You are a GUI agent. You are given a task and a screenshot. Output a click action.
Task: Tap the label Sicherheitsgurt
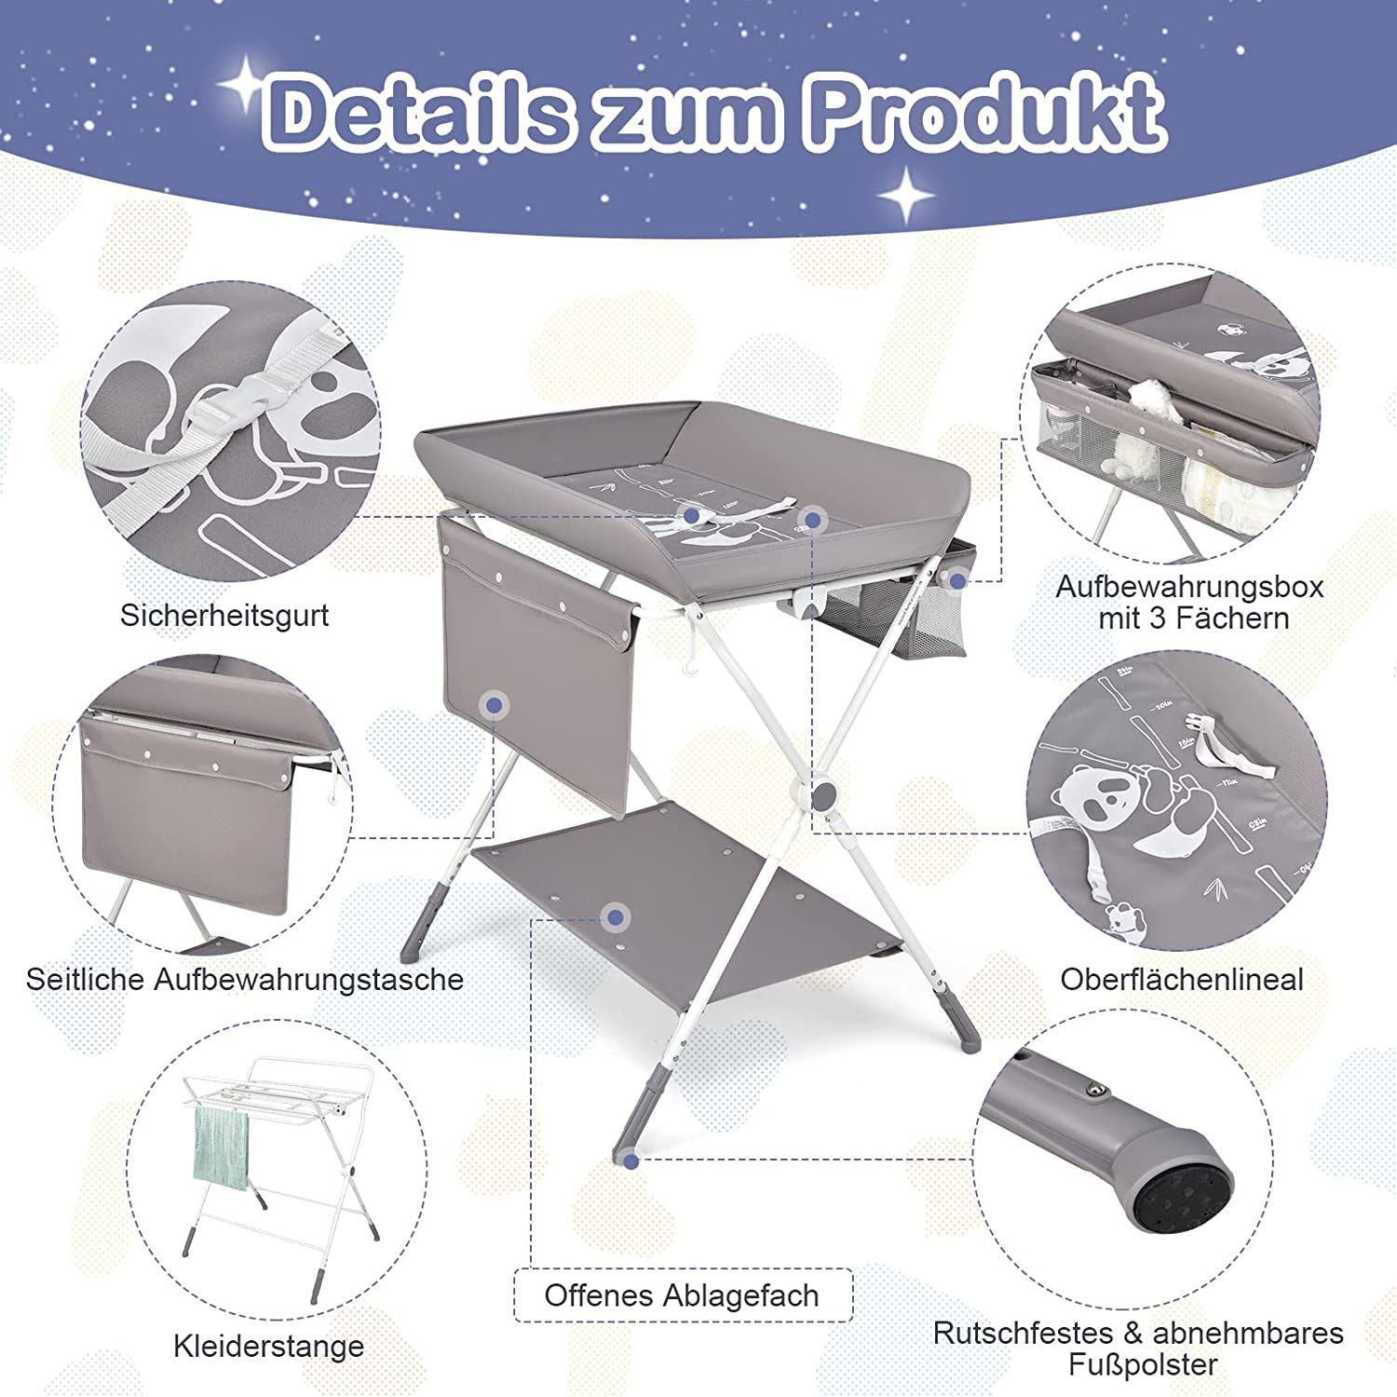coord(224,616)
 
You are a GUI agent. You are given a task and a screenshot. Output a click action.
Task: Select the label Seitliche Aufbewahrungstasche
coord(245,979)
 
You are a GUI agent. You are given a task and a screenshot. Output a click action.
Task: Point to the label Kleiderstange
coord(268,1346)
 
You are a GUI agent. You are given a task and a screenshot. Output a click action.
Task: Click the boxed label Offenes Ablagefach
coord(683,1295)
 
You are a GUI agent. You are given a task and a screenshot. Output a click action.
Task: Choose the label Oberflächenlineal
coord(1182,979)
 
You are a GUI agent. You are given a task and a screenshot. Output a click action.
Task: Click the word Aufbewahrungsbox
coord(1189,587)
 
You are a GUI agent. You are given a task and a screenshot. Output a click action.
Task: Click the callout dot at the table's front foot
coord(631,1160)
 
